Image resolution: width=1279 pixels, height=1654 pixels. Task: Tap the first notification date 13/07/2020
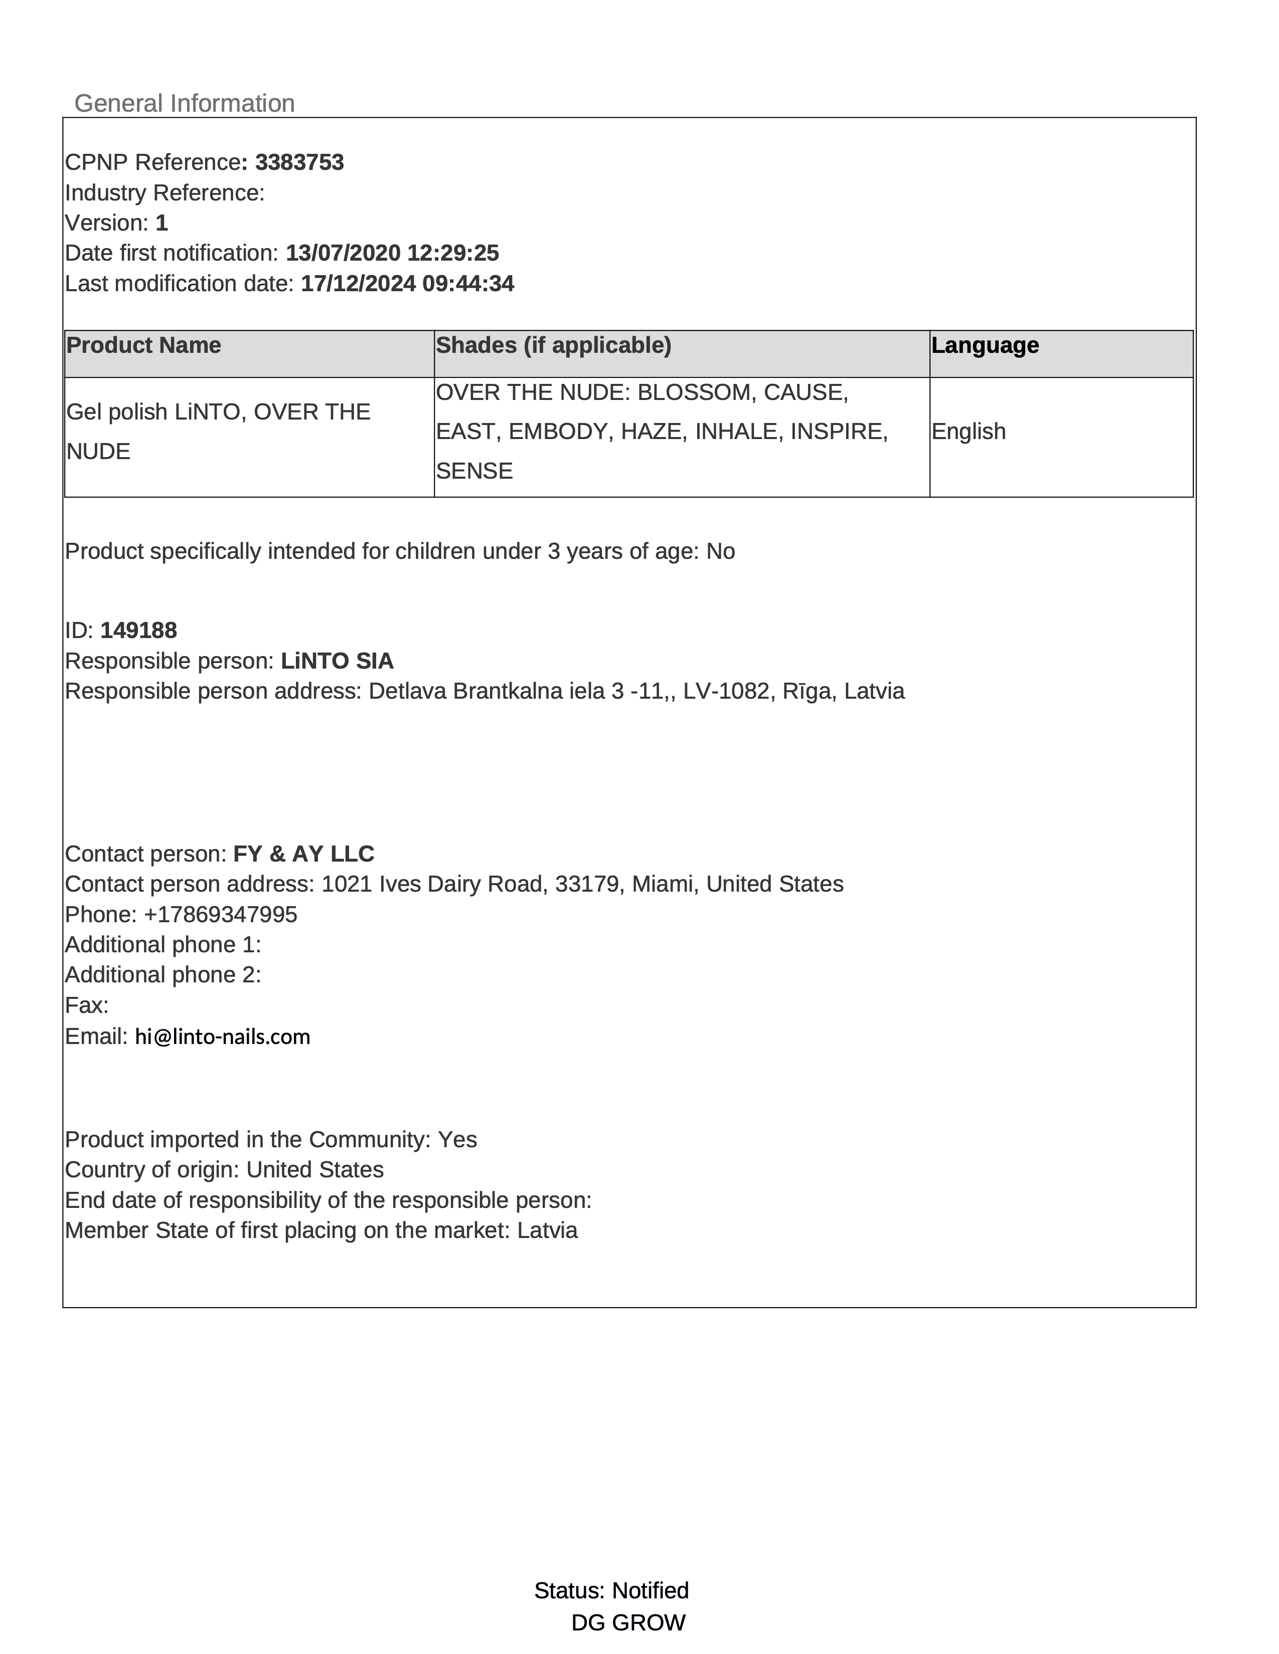(x=343, y=253)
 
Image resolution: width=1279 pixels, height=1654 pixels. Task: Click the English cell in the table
(x=969, y=432)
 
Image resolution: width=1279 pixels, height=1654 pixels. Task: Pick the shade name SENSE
(x=474, y=471)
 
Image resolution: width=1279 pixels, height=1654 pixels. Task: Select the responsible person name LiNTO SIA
(x=337, y=661)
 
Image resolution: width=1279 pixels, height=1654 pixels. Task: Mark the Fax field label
(x=86, y=1006)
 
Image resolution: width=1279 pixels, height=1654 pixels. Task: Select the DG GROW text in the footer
(x=628, y=1622)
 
